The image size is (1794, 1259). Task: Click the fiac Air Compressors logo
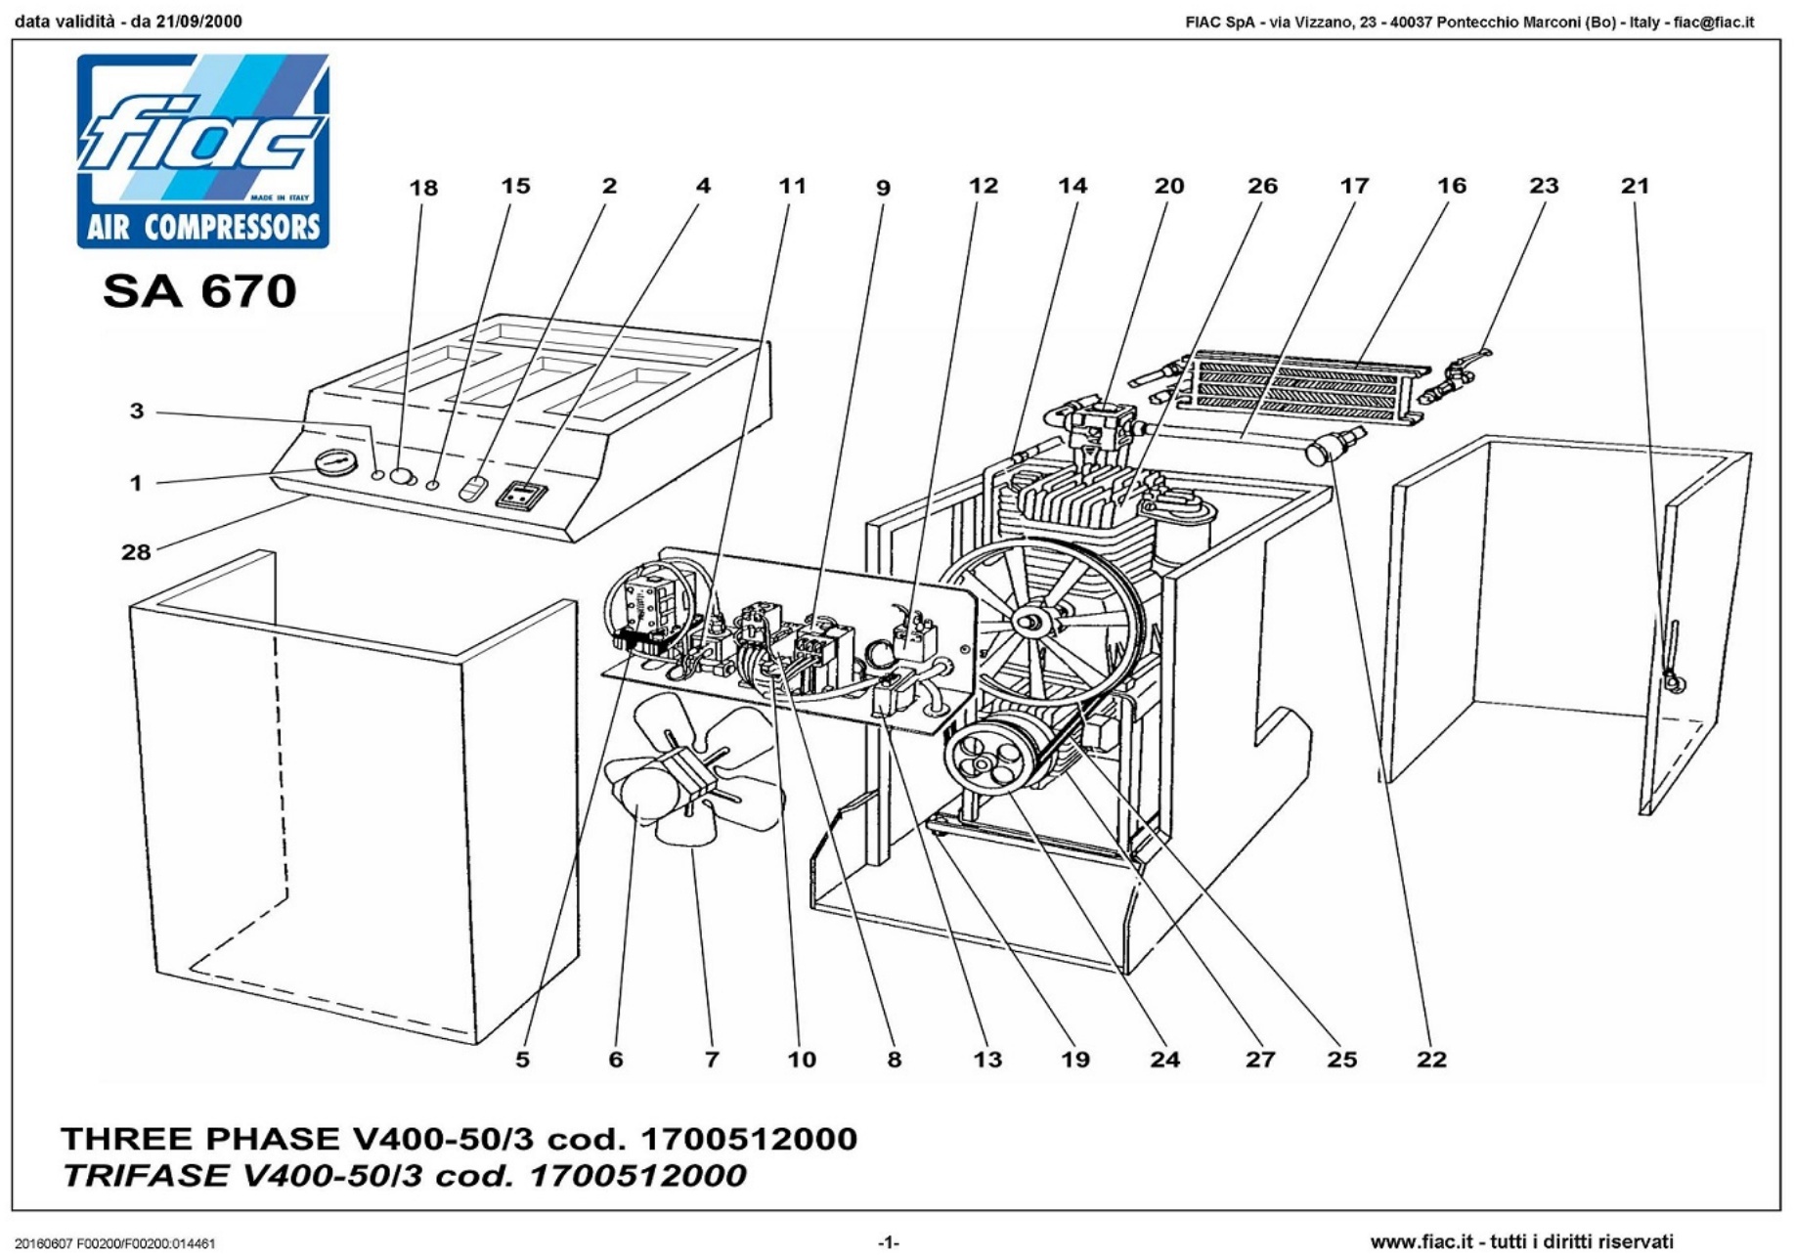pos(203,151)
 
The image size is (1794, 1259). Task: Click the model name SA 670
pos(199,291)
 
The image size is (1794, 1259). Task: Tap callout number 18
pos(423,188)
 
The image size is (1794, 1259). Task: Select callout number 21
pos(1635,186)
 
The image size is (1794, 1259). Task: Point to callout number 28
pos(136,552)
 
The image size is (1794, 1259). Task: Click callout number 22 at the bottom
pos(1431,1060)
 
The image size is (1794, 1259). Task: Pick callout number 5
pos(523,1060)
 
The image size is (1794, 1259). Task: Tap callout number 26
pos(1262,186)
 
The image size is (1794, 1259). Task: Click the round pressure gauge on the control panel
pos(334,461)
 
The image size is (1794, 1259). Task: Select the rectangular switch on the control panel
pos(520,495)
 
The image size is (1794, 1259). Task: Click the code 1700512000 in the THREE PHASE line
pos(748,1139)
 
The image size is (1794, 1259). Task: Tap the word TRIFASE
pos(148,1175)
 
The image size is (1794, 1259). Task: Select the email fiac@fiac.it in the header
pos(1714,22)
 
